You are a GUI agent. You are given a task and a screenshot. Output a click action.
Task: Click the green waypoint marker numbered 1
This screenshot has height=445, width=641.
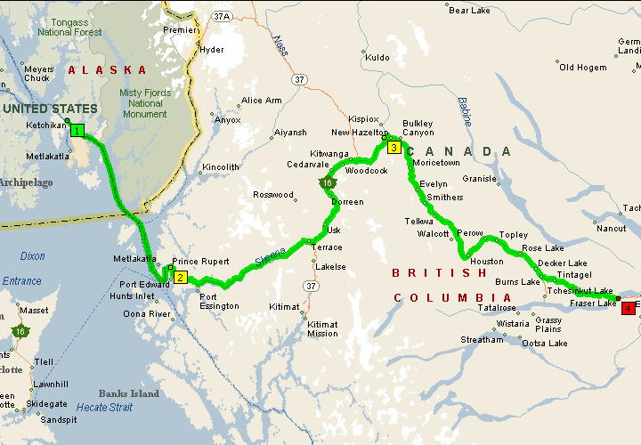point(77,131)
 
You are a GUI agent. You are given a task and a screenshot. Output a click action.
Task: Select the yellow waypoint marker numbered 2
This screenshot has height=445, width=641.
point(180,278)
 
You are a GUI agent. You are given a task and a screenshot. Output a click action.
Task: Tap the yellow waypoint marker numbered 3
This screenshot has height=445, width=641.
point(393,147)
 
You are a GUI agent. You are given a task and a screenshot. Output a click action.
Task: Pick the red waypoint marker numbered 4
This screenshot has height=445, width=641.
point(629,308)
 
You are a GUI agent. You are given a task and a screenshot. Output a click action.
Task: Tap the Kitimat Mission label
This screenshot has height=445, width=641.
point(322,328)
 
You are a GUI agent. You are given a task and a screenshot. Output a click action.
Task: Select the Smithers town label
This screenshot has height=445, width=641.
point(445,198)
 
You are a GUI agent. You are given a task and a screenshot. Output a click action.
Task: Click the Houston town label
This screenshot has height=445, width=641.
point(487,262)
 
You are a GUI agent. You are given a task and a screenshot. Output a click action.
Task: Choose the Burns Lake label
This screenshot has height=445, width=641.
point(517,282)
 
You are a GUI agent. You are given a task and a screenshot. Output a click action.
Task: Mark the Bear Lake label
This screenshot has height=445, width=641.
point(471,11)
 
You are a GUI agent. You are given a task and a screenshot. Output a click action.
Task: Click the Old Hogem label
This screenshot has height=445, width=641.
point(582,68)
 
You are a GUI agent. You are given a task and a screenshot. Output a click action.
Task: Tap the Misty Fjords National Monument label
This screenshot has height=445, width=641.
point(144,103)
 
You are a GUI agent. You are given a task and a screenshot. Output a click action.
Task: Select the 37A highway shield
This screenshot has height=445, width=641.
point(222,16)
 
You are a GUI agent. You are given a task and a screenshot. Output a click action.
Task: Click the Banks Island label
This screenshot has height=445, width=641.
point(129,393)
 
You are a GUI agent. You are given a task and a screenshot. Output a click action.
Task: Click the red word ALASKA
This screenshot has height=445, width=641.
point(108,69)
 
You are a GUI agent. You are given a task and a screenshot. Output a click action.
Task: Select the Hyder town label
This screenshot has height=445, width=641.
point(213,50)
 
